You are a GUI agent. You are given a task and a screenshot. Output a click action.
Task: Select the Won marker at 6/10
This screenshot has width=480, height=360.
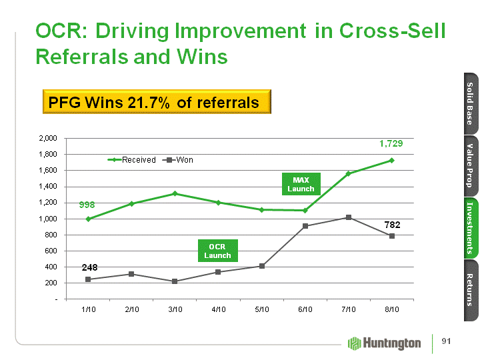305,226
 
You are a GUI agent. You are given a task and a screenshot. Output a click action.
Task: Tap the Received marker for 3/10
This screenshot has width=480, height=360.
175,193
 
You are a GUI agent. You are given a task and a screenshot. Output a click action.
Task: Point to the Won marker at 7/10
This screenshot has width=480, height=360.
348,217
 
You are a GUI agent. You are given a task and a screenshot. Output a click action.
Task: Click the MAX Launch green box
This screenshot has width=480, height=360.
301,184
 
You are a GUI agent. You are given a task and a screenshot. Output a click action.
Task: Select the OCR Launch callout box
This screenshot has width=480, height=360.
217,251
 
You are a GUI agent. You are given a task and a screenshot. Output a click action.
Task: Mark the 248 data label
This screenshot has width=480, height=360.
90,267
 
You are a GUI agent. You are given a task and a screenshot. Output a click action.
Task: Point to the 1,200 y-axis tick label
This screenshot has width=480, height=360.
49,202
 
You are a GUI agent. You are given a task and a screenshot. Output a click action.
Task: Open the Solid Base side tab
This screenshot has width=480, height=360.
469,103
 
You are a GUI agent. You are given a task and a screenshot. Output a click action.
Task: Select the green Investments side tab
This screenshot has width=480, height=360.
469,227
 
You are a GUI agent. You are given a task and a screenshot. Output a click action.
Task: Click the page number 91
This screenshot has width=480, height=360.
447,342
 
